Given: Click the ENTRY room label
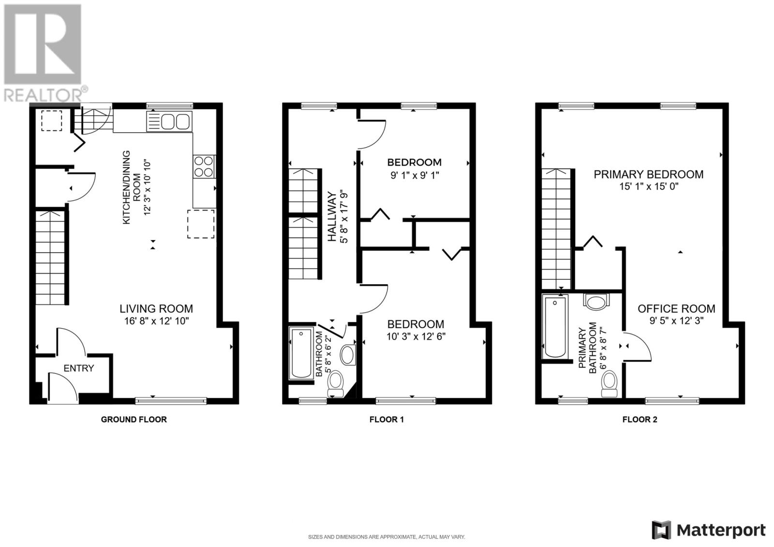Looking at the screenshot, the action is [x=79, y=368].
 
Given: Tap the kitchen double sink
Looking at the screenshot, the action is [x=169, y=122].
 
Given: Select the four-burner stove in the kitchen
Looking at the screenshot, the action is [x=204, y=167].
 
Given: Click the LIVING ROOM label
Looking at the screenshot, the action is [x=156, y=309].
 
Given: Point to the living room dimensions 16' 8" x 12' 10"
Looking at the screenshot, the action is [x=157, y=321].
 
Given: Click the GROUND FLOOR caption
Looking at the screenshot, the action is [x=134, y=419].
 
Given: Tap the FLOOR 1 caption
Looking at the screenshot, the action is [x=387, y=419].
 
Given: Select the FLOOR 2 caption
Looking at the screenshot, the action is [x=640, y=419].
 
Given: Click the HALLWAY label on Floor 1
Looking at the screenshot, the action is [x=332, y=216].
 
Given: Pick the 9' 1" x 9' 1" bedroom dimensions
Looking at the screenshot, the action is [x=414, y=175].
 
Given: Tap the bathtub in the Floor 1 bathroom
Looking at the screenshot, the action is [x=301, y=353].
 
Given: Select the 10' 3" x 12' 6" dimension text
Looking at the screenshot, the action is [x=416, y=336].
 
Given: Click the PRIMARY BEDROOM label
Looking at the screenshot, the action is [x=649, y=174].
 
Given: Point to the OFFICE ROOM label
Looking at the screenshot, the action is [x=676, y=309].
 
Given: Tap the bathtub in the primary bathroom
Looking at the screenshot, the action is [x=555, y=327].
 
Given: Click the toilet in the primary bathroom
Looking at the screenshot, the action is [x=610, y=383].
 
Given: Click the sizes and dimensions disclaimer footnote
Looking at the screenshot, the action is [x=387, y=537].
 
